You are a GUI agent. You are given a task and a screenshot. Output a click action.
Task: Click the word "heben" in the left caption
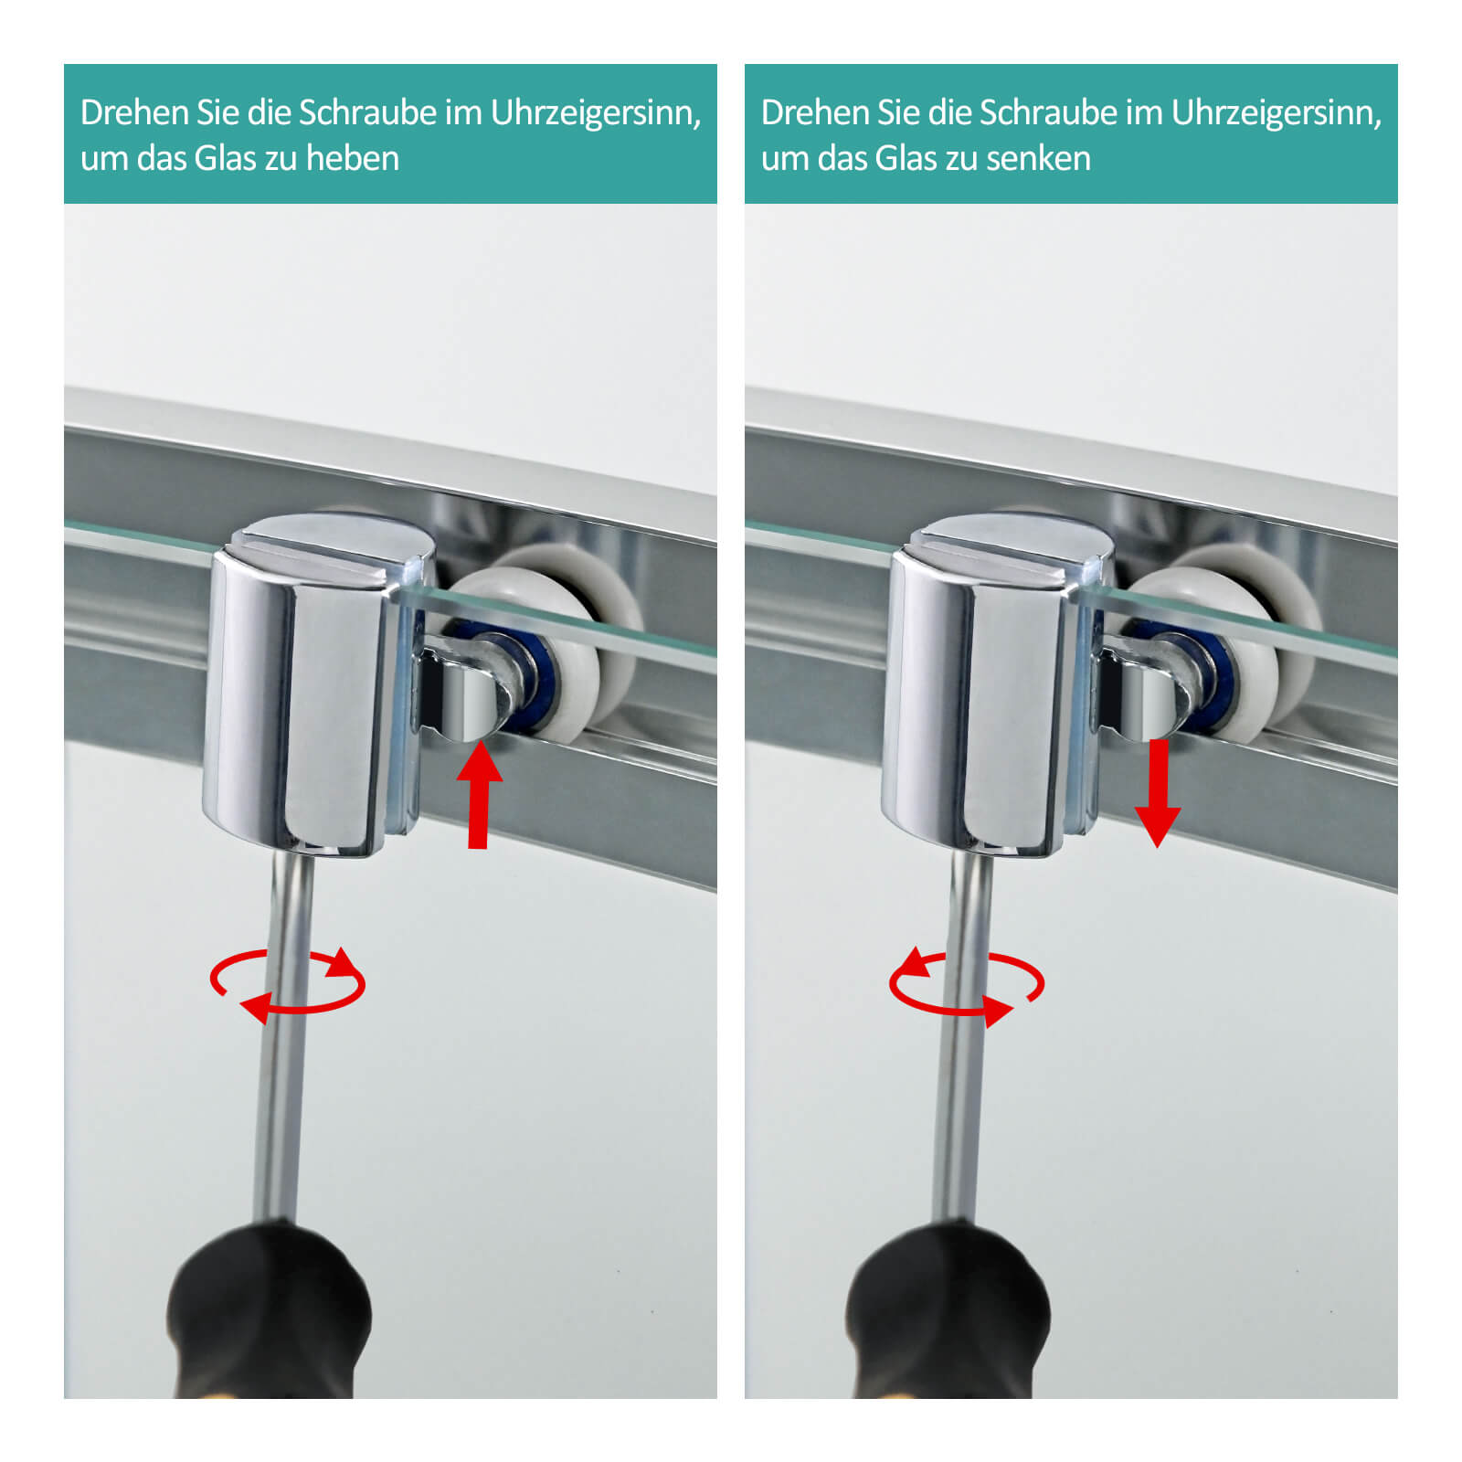pyautogui.click(x=352, y=158)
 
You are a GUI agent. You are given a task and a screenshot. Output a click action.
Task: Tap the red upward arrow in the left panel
pyautogui.click(x=479, y=796)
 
